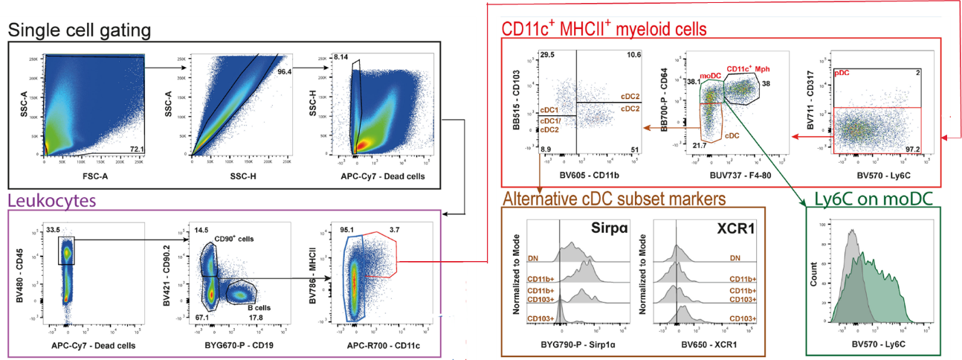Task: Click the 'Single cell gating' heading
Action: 80,30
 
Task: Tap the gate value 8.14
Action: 341,57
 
